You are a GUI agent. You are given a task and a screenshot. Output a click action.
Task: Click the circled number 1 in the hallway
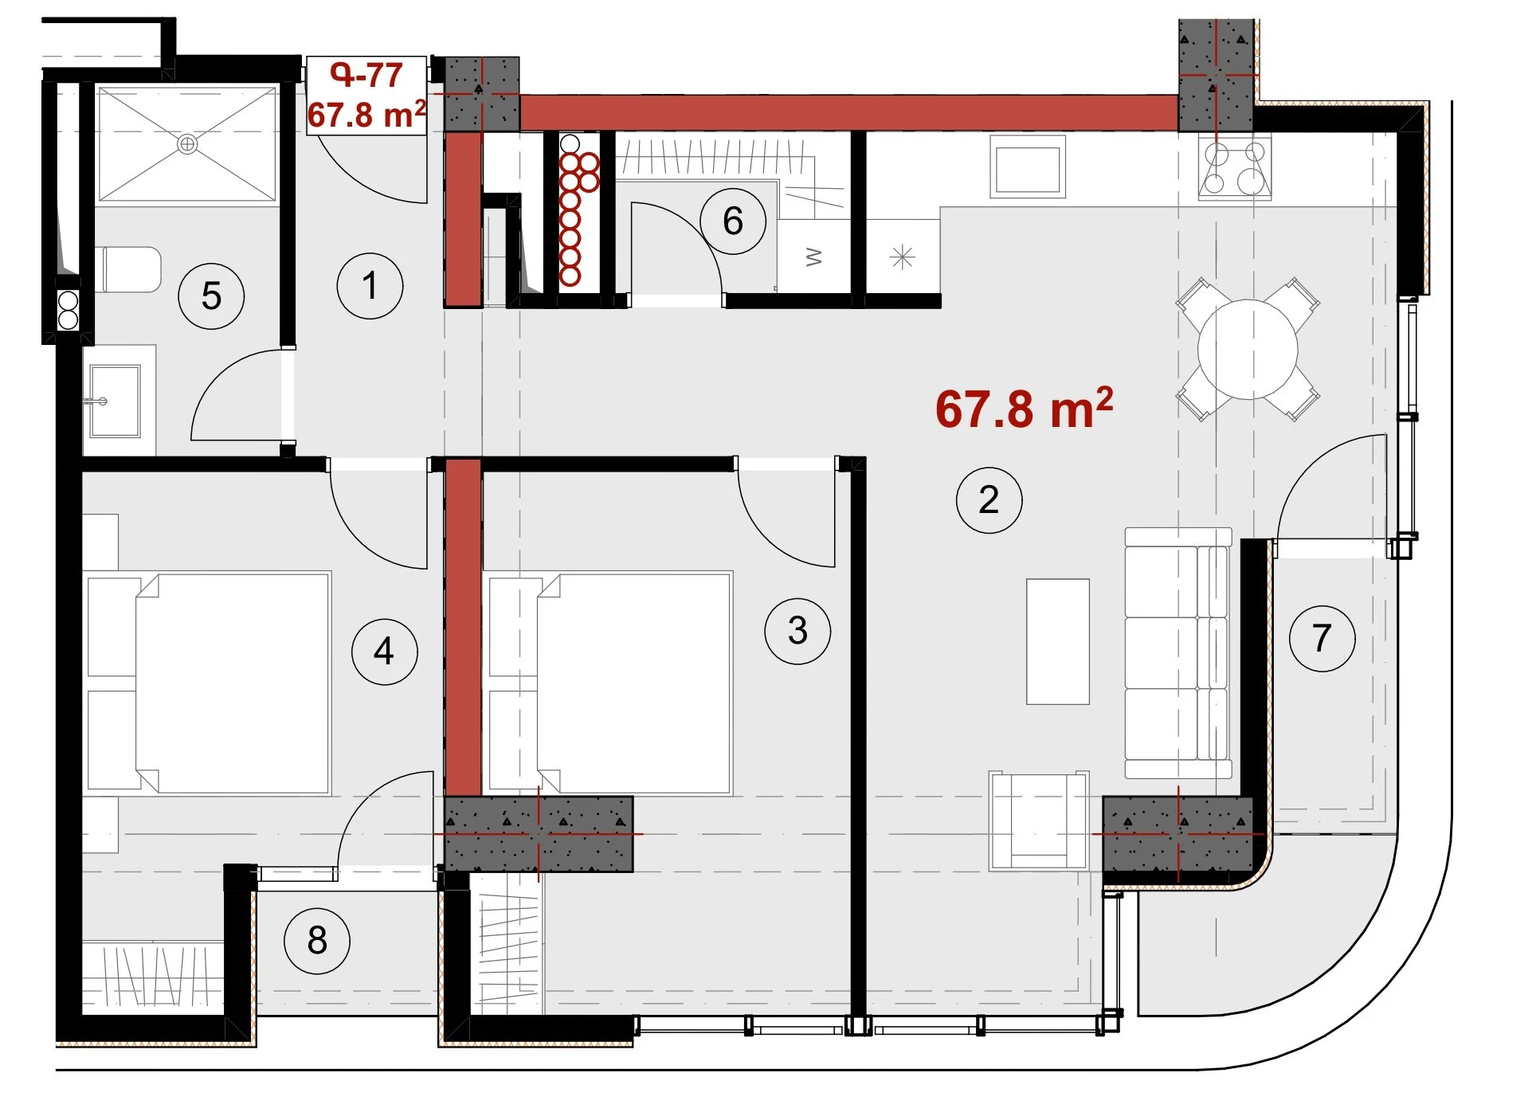point(370,286)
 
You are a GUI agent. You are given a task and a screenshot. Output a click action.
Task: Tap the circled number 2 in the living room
point(989,500)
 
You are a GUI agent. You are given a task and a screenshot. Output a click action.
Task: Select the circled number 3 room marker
point(797,631)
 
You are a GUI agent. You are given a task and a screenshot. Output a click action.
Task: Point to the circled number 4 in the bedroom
point(384,652)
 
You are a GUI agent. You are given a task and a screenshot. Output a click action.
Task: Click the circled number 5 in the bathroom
point(211,296)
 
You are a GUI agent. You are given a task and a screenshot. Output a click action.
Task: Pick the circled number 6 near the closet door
point(733,221)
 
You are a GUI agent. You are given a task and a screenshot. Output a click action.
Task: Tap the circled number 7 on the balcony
point(1322,638)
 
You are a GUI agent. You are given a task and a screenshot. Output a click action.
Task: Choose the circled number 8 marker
point(317,941)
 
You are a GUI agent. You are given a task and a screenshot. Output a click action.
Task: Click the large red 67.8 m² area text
point(1024,409)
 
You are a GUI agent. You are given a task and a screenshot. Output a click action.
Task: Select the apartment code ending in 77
point(366,76)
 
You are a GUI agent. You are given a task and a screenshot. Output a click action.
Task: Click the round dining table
point(1248,349)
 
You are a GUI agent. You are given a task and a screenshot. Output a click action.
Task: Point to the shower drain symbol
point(187,144)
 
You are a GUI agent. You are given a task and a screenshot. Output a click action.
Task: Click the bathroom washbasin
point(115,401)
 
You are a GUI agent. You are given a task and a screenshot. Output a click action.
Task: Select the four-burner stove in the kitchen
point(1234,167)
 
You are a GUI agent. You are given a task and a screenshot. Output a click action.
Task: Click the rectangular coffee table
point(1057,641)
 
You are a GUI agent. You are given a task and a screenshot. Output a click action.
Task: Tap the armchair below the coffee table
point(1038,820)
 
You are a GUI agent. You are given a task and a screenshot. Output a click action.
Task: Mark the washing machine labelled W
point(814,257)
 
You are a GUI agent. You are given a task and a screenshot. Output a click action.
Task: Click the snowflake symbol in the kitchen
point(902,257)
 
